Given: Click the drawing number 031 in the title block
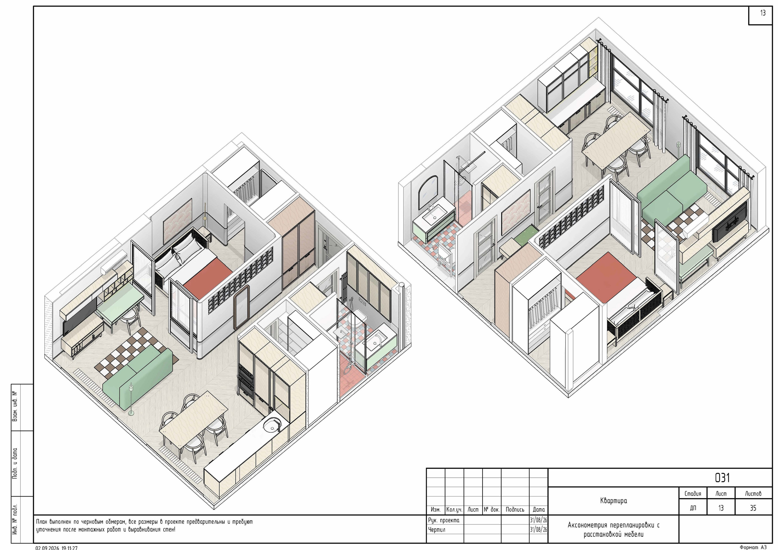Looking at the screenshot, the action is pyautogui.click(x=722, y=478).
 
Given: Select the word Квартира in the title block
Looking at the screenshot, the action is pyautogui.click(x=613, y=500).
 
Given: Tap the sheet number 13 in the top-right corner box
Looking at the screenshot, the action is pyautogui.click(x=763, y=13).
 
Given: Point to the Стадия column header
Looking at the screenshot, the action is pyautogui.click(x=693, y=493).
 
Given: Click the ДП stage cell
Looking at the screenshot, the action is pyautogui.click(x=693, y=508).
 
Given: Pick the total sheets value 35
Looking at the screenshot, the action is pyautogui.click(x=753, y=508).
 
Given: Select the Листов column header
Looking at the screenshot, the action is pyautogui.click(x=753, y=493).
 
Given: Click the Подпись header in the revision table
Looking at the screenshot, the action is pyautogui.click(x=515, y=509).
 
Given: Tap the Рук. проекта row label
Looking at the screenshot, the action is pyautogui.click(x=444, y=520).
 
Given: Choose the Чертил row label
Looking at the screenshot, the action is pyautogui.click(x=436, y=530).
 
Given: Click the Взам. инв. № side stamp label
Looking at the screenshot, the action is pyautogui.click(x=15, y=407).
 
